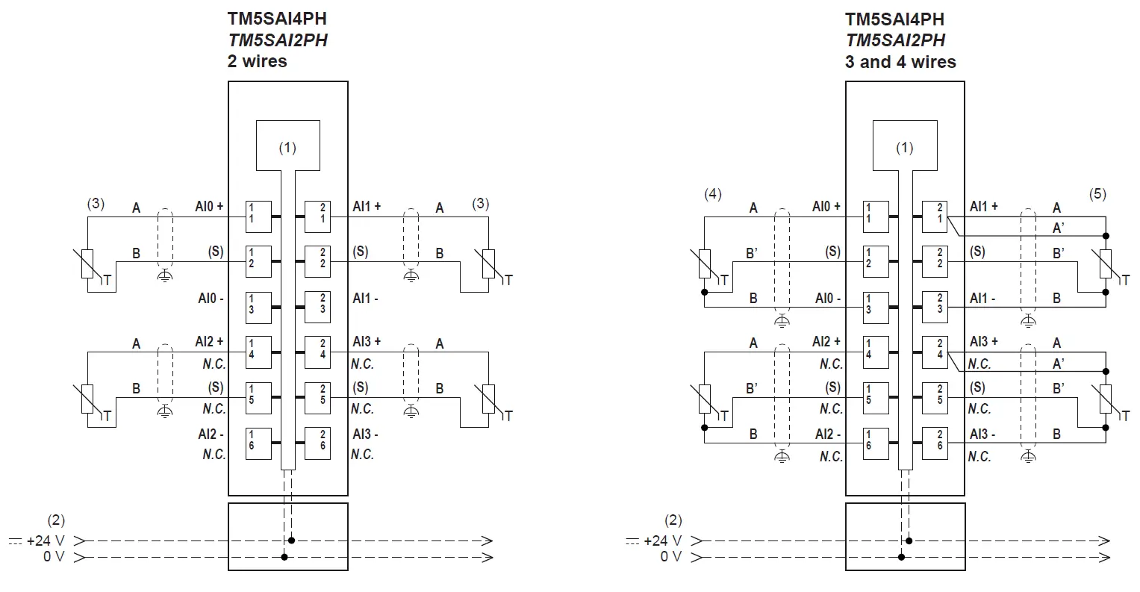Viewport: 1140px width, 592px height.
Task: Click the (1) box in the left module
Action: pyautogui.click(x=287, y=145)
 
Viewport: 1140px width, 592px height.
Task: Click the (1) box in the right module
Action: pyautogui.click(x=904, y=145)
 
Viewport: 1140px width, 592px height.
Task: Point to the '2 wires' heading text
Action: pyautogui.click(x=257, y=61)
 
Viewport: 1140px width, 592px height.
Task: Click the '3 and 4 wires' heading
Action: pyautogui.click(x=900, y=61)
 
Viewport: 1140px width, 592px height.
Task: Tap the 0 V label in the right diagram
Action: pyautogui.click(x=670, y=557)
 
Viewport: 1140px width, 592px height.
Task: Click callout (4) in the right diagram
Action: pyautogui.click(x=712, y=195)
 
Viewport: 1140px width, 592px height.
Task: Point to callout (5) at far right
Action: pyautogui.click(x=1097, y=195)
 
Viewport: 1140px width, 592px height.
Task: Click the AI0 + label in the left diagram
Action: pyautogui.click(x=210, y=207)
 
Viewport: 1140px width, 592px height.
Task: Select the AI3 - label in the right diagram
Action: pyautogui.click(x=982, y=434)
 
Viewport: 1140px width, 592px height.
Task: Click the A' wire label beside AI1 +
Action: pyautogui.click(x=1058, y=227)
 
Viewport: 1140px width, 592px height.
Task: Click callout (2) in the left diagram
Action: pyautogui.click(x=56, y=520)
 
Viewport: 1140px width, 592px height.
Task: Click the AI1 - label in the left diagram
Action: pyautogui.click(x=365, y=299)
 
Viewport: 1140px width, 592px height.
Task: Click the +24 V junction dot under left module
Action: pyautogui.click(x=291, y=540)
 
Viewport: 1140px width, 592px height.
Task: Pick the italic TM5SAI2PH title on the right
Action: pyautogui.click(x=894, y=40)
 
